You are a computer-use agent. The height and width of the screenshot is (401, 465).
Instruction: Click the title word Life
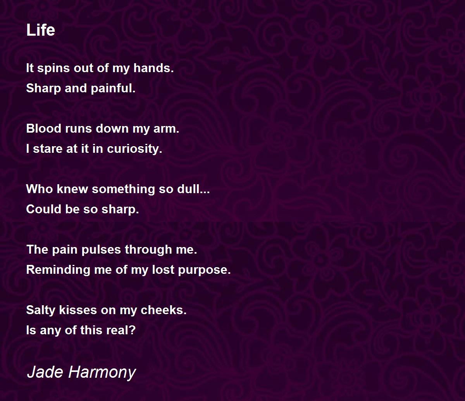(40, 30)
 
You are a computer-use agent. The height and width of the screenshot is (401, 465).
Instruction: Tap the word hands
(153, 68)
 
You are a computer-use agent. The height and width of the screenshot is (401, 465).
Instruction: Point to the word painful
(113, 88)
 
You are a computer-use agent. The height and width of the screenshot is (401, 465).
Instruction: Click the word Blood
(44, 129)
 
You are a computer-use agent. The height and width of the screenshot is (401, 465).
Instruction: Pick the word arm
(166, 129)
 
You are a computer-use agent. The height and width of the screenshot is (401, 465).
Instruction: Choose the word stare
(48, 149)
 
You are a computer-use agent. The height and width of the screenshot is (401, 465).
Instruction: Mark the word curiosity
(134, 149)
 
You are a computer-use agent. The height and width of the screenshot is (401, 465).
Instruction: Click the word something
(123, 189)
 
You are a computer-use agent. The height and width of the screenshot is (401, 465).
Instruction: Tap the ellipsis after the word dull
(205, 192)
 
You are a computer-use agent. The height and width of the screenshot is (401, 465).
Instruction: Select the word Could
(44, 209)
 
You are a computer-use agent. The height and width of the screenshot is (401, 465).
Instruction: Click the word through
(148, 250)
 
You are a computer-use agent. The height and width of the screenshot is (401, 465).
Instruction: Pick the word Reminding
(58, 270)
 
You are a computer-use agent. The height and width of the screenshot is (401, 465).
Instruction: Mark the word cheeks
(164, 310)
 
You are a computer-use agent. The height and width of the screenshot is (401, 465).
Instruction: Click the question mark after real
(132, 330)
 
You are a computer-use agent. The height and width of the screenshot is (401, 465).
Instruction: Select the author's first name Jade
(45, 372)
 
